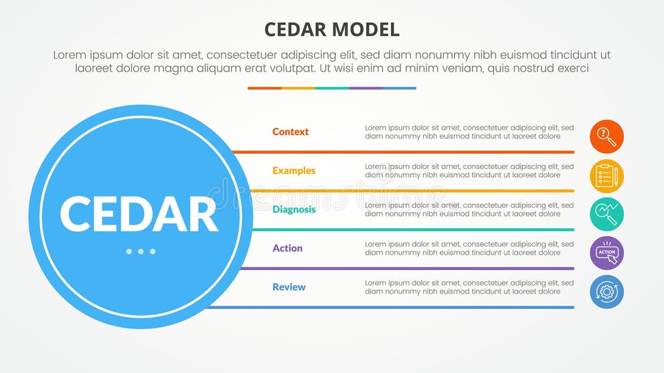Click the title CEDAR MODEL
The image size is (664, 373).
(x=332, y=29)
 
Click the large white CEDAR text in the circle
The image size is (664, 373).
(x=139, y=215)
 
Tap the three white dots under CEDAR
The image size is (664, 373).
(x=141, y=251)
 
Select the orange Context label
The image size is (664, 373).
(x=290, y=132)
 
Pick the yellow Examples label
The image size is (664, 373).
(x=294, y=170)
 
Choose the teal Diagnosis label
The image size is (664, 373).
(x=294, y=209)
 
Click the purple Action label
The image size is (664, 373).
(x=287, y=248)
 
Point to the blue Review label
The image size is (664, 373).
(x=288, y=287)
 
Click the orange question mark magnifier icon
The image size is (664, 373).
(x=606, y=137)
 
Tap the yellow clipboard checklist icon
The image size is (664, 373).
(x=606, y=176)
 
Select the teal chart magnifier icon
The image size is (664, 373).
(x=606, y=215)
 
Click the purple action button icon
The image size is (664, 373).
(x=606, y=253)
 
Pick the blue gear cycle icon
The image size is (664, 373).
(x=606, y=292)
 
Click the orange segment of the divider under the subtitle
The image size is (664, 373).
(x=264, y=88)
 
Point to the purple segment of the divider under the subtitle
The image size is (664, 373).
(x=365, y=88)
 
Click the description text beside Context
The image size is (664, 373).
(x=469, y=132)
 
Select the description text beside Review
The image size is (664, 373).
(x=469, y=287)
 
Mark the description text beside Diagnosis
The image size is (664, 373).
(x=469, y=209)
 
